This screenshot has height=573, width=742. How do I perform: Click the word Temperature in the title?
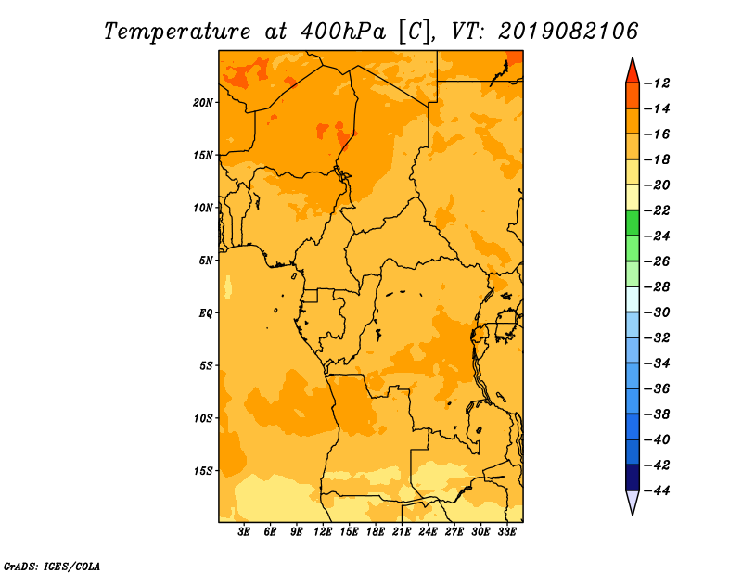point(177,32)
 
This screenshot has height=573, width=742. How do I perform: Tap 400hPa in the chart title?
point(342,32)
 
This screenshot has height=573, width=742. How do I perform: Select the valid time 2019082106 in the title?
point(568,32)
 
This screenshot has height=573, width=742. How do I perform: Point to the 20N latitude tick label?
point(203,103)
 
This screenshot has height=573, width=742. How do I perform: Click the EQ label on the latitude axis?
point(206,313)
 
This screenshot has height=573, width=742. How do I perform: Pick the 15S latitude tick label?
point(203,471)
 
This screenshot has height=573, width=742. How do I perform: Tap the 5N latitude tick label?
point(206,261)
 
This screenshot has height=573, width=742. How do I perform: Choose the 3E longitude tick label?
point(244,532)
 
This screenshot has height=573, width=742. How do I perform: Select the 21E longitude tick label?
point(402,532)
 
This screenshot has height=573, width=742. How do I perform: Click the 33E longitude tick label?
point(506,532)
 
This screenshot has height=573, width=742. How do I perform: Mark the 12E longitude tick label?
point(323,532)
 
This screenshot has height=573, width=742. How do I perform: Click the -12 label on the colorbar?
point(657,83)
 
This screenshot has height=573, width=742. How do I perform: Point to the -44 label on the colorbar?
point(657,490)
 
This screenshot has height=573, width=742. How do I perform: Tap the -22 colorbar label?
point(657,210)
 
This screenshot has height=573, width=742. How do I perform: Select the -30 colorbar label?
point(657,312)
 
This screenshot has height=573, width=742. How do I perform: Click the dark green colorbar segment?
point(633,223)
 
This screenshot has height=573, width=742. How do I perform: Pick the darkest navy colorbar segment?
point(633,477)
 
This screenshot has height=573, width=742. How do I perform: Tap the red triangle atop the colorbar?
point(633,72)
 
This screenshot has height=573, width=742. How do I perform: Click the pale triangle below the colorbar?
point(633,502)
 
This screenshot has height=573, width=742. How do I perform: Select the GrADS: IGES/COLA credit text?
point(52,567)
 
